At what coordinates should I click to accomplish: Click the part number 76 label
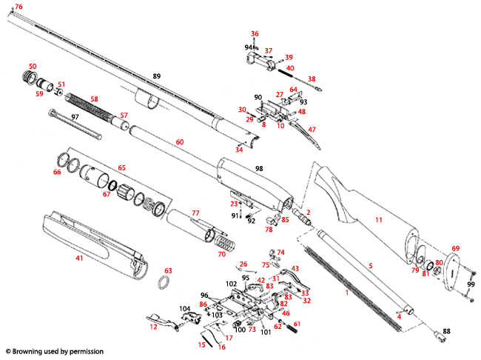click(18, 7)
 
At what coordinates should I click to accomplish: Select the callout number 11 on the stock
click(379, 220)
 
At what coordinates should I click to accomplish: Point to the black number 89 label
click(156, 76)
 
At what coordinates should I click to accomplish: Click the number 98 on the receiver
click(259, 170)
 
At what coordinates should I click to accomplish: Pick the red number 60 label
click(179, 141)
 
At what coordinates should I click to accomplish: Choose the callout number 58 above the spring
click(94, 99)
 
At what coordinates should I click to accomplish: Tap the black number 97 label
click(75, 118)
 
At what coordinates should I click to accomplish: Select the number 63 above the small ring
click(168, 271)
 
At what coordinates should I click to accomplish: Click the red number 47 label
click(312, 129)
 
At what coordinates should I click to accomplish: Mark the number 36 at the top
click(255, 34)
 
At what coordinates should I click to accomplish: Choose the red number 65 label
click(121, 167)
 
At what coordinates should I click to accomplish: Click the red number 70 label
click(221, 254)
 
